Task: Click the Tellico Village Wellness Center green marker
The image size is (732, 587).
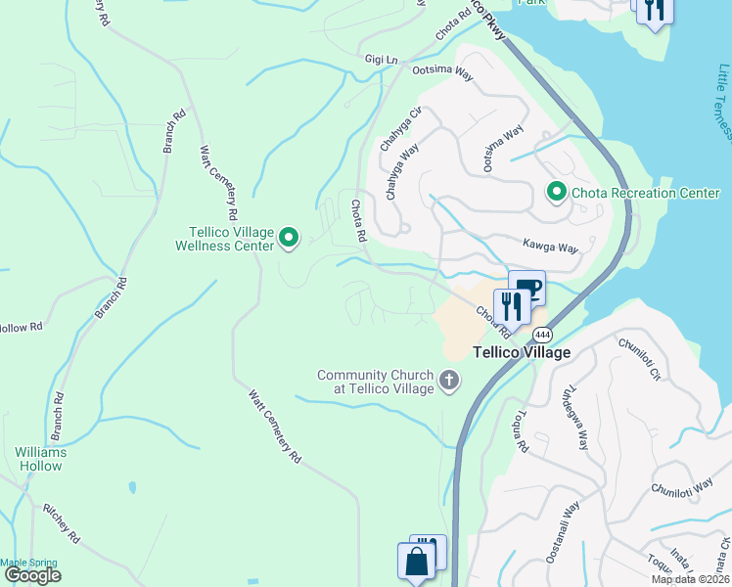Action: point(289,237)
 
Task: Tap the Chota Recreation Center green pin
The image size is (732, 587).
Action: point(557,192)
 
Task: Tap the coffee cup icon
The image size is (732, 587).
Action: point(528,288)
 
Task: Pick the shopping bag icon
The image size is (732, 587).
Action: point(415,562)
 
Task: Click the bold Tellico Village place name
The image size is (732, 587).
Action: point(522,352)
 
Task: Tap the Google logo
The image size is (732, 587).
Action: point(32,574)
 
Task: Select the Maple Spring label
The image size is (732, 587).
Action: point(28,562)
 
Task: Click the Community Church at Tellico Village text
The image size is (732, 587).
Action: point(375,382)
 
